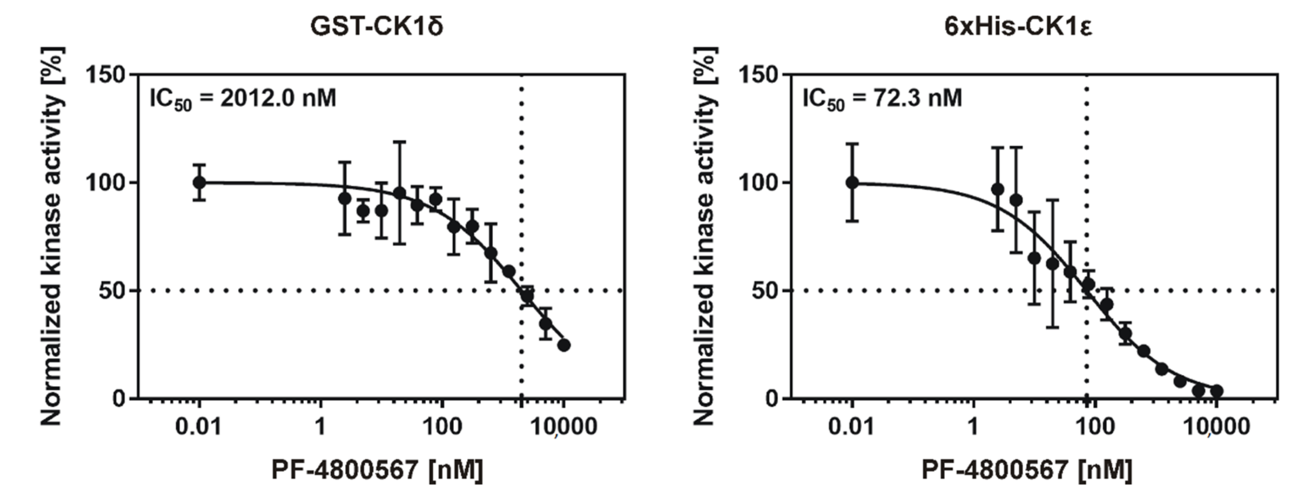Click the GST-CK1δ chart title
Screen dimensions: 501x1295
point(376,27)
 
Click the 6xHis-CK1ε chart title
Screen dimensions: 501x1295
point(1018,27)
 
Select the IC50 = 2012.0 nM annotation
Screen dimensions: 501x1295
point(243,99)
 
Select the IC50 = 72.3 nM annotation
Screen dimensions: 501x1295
point(882,99)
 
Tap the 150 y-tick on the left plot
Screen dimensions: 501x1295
point(106,76)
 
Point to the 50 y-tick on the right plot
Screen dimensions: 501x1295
point(765,291)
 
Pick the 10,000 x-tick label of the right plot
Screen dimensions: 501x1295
point(1217,427)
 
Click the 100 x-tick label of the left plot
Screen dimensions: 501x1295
point(441,427)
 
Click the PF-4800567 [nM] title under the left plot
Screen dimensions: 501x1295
point(377,470)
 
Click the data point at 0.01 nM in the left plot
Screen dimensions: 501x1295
point(199,182)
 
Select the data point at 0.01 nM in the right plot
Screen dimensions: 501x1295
point(852,182)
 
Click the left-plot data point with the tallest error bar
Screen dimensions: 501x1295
point(400,193)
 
